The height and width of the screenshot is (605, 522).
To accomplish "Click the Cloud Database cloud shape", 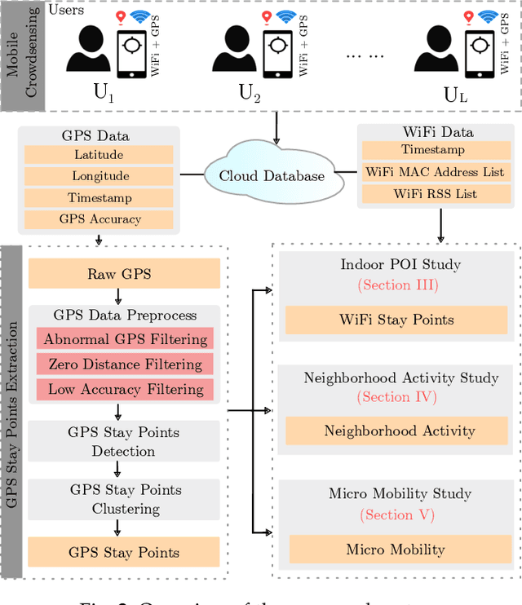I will pos(272,174).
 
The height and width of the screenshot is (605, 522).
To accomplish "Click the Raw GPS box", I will pos(124,273).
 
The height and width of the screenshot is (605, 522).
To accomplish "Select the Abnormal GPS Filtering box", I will pos(124,339).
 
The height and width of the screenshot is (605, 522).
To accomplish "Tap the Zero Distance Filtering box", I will pos(124,364).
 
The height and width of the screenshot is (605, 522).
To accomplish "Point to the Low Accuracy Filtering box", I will pos(124,389).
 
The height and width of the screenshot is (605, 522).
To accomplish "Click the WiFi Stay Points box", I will pos(396,319).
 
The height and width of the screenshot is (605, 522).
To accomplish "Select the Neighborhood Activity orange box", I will pos(400,431).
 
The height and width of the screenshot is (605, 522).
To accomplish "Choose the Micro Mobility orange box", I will pos(400,549).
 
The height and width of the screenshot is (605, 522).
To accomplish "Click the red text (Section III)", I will pos(400,285).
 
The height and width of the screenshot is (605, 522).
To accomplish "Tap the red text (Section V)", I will pos(400,514).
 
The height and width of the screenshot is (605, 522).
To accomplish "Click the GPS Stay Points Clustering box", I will pos(124,499).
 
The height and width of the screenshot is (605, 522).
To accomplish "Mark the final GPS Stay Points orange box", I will pos(124,552).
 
